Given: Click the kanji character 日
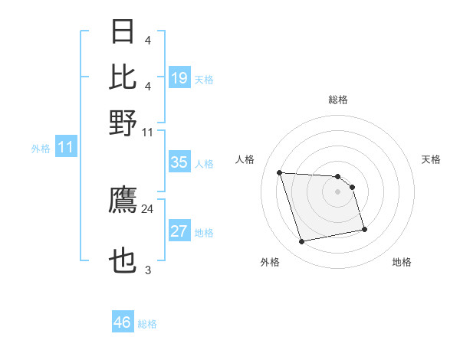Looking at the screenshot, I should (x=123, y=33).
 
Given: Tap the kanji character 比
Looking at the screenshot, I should (x=123, y=77).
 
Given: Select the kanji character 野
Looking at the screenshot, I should (x=123, y=123).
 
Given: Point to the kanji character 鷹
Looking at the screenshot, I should (x=123, y=201).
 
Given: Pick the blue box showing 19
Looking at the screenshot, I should (x=179, y=77).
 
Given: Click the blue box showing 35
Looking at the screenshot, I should (x=179, y=162).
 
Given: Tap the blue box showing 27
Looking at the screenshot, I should (x=179, y=232).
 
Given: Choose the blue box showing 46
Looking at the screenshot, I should (x=123, y=322).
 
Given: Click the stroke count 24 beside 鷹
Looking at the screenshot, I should (x=148, y=208).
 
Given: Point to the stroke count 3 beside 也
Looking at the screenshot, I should (x=148, y=270).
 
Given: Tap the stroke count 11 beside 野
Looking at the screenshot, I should (x=148, y=132).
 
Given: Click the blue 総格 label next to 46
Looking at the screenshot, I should (x=148, y=324).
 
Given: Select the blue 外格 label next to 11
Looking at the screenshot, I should (x=41, y=149).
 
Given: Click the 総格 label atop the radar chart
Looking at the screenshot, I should (x=338, y=100).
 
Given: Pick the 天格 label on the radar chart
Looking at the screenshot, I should (x=432, y=159).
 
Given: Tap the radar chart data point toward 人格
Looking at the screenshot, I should (x=280, y=172).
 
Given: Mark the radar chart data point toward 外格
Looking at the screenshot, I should (x=302, y=242).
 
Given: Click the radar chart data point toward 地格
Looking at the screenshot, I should (x=364, y=229).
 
